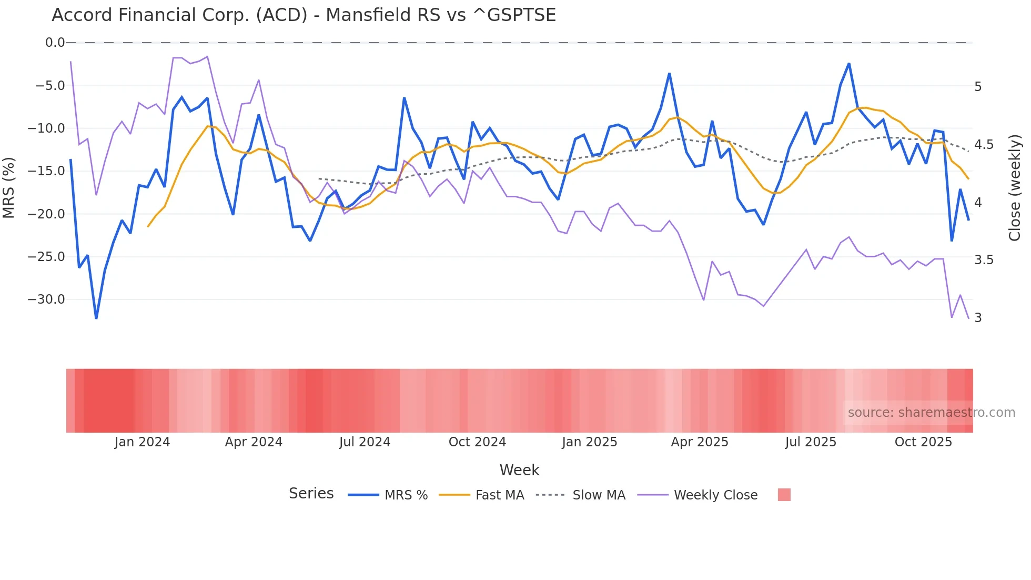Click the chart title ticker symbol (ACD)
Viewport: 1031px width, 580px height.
[x=281, y=15]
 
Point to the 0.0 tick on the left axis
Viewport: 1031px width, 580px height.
[x=55, y=43]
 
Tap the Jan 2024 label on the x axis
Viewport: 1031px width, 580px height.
[x=142, y=442]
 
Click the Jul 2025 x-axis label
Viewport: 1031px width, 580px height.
[x=810, y=442]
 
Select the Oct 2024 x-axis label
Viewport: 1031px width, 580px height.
[x=477, y=442]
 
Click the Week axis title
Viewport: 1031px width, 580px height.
[x=519, y=470]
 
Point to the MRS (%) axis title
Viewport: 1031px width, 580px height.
[x=9, y=187]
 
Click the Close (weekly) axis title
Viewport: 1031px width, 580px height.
[x=1015, y=187]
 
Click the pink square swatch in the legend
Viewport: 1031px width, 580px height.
[x=784, y=495]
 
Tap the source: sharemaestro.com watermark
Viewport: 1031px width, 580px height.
[x=931, y=413]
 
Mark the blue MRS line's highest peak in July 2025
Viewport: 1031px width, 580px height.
[x=849, y=64]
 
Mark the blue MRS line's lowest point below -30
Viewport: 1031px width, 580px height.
[x=96, y=318]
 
